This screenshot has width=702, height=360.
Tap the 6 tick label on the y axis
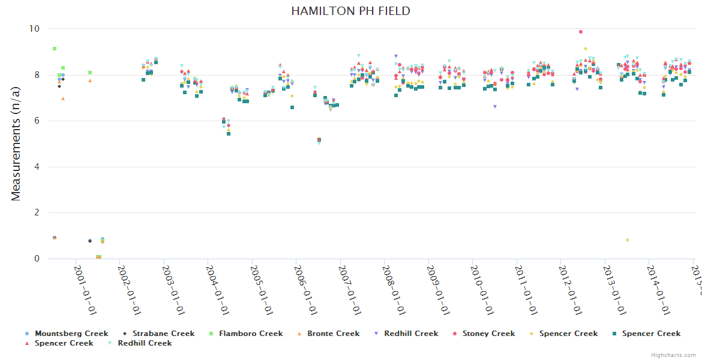[x=36, y=121]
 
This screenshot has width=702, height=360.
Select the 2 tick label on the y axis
[x=36, y=213]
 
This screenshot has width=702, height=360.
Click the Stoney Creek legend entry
[x=485, y=334]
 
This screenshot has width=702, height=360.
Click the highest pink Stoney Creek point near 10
[x=580, y=32]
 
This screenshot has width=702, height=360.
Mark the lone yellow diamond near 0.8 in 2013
[x=627, y=240]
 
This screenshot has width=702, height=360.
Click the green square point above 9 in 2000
[x=55, y=49]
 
